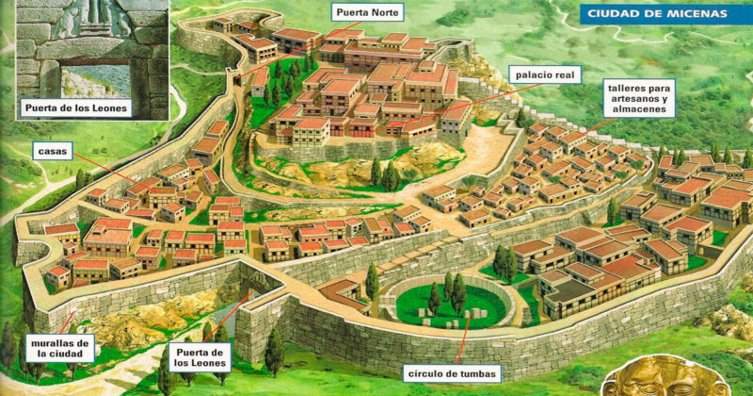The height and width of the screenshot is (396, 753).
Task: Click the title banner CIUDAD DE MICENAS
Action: click(656, 13)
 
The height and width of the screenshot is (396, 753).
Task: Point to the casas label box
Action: click(53, 150)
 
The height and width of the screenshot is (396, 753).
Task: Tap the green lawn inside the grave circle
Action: click(452, 306)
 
